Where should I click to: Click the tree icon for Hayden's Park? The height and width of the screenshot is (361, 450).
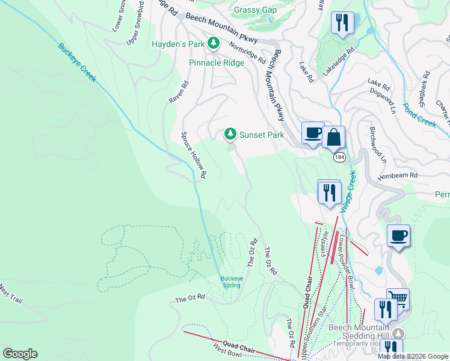[213, 43]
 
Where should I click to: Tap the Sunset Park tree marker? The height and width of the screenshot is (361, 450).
[230, 134]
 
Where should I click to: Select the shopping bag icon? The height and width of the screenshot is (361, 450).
[333, 137]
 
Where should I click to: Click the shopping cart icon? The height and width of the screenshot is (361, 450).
[397, 298]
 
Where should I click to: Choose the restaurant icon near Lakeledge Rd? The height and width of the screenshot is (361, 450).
[342, 23]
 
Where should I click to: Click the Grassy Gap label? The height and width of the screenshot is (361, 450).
[255, 10]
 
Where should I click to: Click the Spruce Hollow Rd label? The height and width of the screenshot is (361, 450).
[194, 155]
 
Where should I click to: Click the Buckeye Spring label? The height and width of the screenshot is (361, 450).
[230, 282]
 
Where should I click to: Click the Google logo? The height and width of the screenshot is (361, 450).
[20, 353]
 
